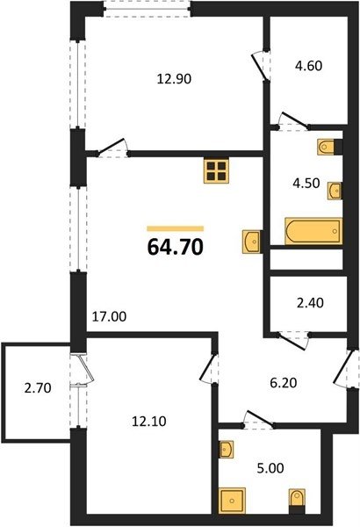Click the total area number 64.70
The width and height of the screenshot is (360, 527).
(x=175, y=248)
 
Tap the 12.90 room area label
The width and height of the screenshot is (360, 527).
(x=174, y=79)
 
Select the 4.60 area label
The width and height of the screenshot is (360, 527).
(x=308, y=66)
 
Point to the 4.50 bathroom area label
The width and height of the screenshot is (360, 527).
(x=306, y=184)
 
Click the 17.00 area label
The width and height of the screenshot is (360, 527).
(x=109, y=316)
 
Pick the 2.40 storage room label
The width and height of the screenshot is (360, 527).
(x=310, y=303)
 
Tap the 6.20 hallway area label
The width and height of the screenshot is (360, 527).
(x=284, y=382)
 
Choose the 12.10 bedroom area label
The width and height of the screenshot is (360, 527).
(x=148, y=421)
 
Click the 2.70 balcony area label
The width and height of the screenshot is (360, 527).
(x=38, y=388)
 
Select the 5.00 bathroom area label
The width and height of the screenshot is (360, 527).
(x=270, y=468)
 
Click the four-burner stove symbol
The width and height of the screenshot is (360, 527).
(x=216, y=171)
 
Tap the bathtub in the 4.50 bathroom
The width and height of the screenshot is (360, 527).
(x=313, y=231)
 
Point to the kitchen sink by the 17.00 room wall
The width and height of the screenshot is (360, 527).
(x=252, y=242)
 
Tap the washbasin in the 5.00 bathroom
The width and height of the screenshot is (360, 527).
(x=226, y=449)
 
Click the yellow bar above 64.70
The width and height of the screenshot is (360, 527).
(x=175, y=229)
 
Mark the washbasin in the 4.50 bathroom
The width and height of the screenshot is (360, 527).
(x=335, y=191)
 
